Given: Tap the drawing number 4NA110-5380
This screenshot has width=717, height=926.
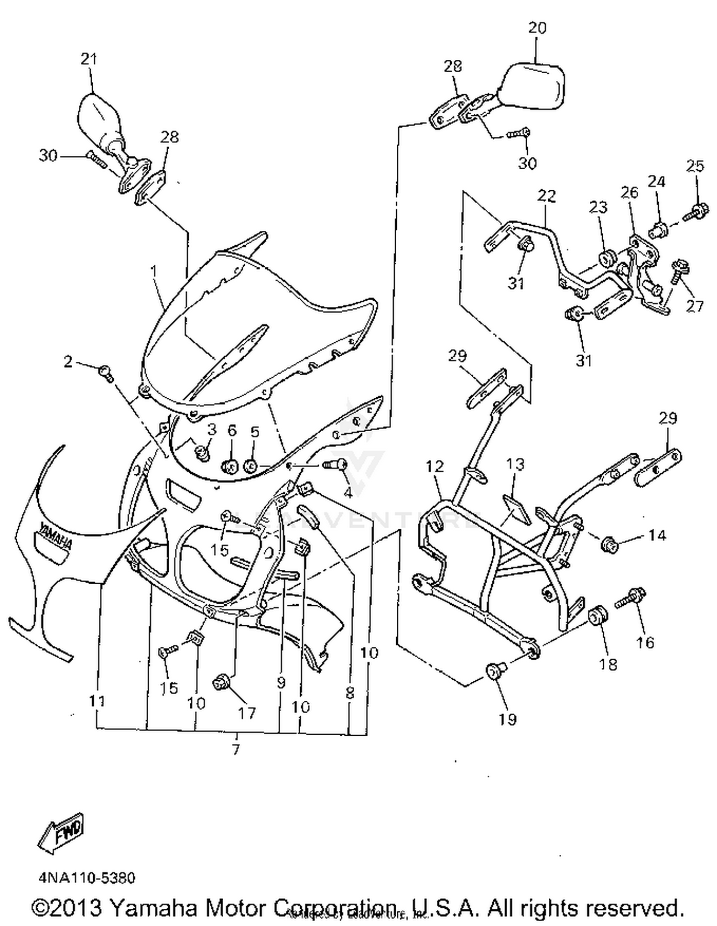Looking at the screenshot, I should (87, 878).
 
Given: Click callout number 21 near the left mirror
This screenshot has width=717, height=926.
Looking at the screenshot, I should (88, 59).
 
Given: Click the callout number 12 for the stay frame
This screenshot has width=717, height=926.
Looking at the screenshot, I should (435, 466).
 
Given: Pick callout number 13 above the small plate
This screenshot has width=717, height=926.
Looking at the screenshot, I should (515, 464).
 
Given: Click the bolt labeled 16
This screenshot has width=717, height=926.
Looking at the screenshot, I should (630, 598).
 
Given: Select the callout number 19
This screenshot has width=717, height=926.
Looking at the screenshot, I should (507, 719).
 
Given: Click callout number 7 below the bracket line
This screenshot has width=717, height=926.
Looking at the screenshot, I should (236, 750).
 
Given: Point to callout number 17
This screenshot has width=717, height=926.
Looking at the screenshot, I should (247, 713).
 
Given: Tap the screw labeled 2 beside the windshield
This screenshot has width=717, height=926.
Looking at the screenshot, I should (107, 371).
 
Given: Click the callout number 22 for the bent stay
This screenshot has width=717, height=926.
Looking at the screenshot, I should (547, 196).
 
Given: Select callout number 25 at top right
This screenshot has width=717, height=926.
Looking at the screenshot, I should (695, 166).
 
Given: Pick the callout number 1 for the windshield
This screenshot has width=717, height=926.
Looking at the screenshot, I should (154, 271).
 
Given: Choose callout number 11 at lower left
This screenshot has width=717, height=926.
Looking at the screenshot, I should (97, 701).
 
